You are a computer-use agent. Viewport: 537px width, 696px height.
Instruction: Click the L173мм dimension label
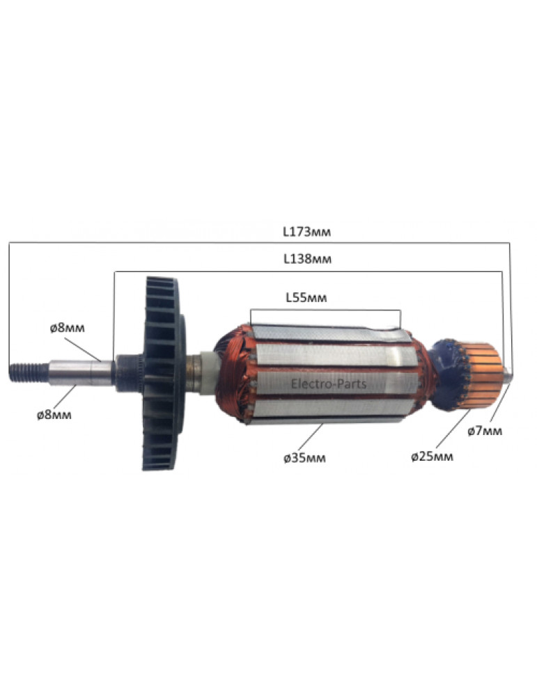coord(307,232)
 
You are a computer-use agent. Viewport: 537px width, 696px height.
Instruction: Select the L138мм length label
coord(307,259)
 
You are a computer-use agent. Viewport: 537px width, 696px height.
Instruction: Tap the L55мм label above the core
coord(306,297)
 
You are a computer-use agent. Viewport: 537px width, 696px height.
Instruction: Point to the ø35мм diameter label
coord(304,458)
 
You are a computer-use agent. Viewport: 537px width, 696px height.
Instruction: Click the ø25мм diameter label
coord(432,457)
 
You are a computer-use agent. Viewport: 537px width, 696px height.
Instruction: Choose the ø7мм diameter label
coord(485,431)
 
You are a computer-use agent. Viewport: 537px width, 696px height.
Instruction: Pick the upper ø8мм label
coord(67,329)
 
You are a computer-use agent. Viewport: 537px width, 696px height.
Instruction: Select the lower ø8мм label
coord(54,415)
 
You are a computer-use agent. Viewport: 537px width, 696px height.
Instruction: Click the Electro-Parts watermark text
coord(329,383)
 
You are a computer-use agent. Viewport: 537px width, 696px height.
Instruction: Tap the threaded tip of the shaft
coord(29,372)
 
